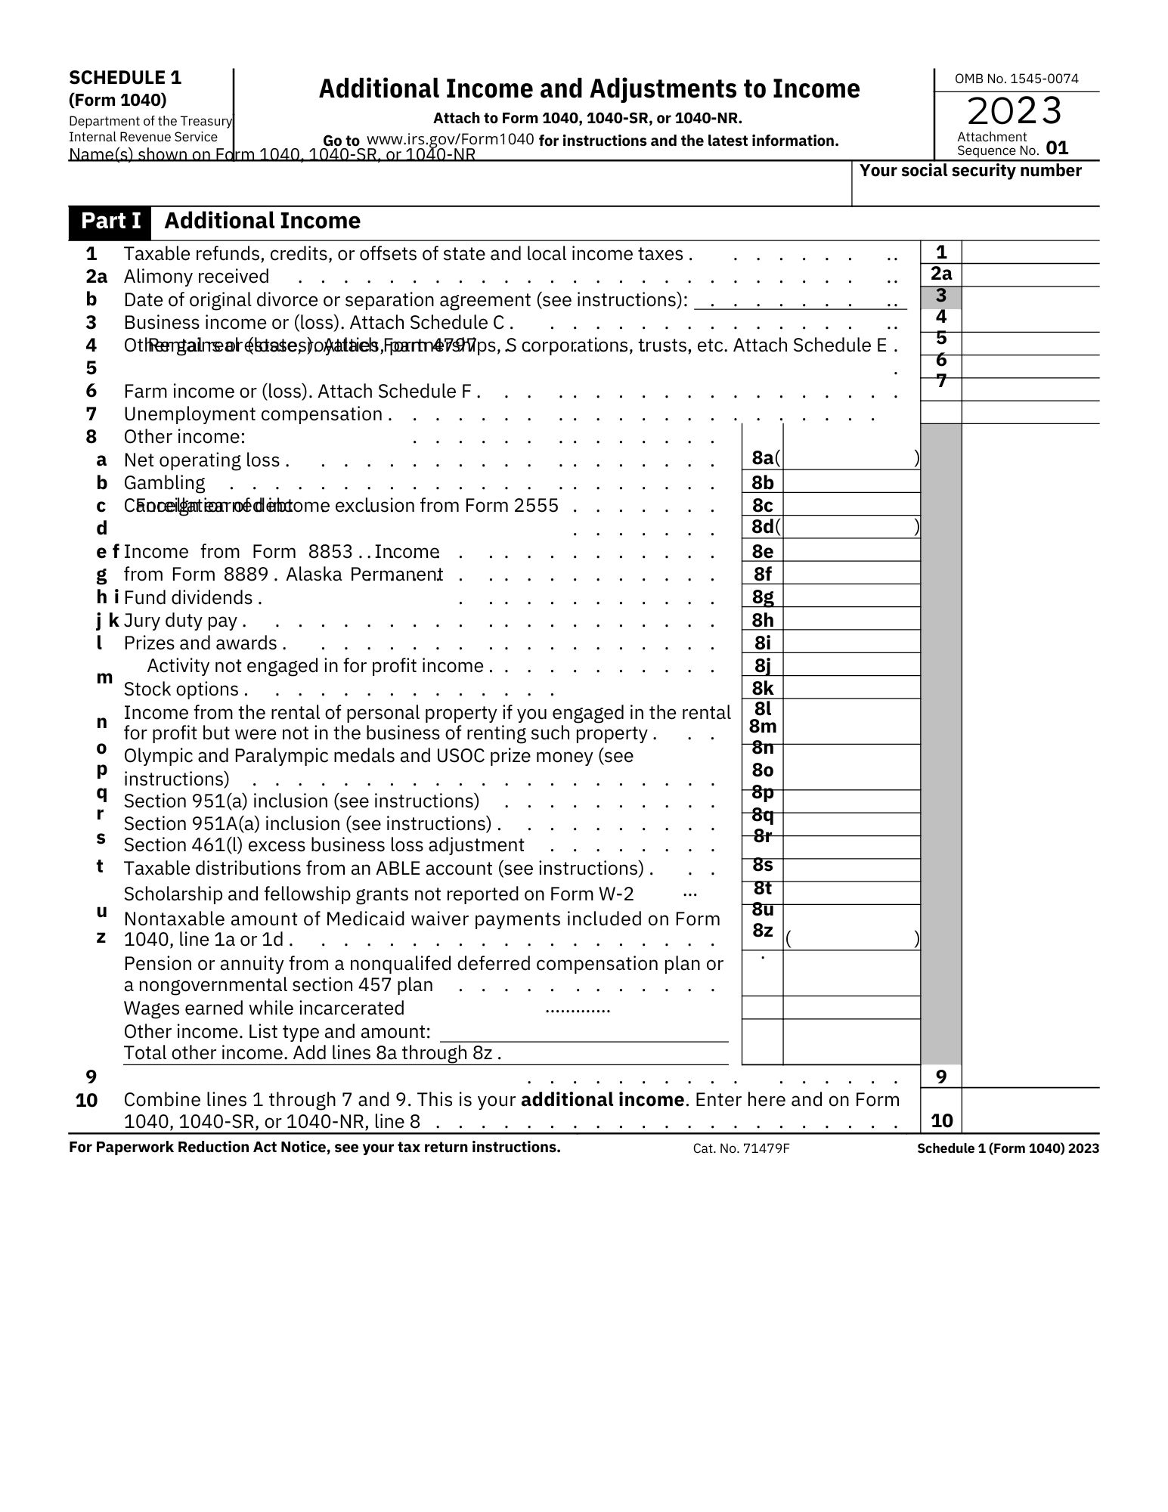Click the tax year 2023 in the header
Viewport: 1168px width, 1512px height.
1015,111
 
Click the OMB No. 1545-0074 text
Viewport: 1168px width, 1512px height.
1016,79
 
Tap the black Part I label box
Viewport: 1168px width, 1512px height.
110,221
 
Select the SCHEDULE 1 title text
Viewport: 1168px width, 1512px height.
125,78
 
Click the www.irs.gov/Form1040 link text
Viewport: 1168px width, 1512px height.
450,140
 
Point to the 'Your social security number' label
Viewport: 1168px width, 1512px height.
970,171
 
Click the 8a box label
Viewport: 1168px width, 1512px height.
762,458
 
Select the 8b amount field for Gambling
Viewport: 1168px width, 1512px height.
851,482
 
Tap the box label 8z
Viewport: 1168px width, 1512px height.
763,931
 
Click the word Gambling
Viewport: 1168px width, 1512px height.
164,483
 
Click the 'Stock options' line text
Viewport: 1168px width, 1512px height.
181,689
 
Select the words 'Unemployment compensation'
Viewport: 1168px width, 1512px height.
253,414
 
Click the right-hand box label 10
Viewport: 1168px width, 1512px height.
941,1120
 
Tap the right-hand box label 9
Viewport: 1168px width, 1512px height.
941,1077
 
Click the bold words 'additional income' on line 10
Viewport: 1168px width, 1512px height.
602,1099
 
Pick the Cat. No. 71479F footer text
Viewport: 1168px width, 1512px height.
741,1149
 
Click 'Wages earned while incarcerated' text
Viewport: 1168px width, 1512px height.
264,1009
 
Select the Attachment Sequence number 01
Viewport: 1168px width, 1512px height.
1057,148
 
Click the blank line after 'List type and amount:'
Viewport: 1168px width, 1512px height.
584,1033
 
